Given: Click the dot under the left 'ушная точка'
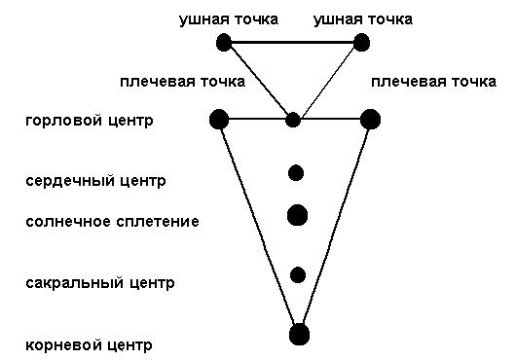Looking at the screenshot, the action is (225, 42).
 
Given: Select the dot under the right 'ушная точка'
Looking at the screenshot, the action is (362, 42).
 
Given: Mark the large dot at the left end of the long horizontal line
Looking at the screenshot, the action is (219, 120).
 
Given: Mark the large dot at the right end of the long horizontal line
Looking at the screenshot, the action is (370, 120).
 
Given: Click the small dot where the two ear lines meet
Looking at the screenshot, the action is (293, 120).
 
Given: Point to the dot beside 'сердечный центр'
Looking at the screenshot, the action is (296, 173).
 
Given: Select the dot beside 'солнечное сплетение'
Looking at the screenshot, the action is (298, 214).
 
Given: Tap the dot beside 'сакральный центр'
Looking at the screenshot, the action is (298, 274).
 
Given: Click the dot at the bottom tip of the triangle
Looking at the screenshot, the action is (300, 336).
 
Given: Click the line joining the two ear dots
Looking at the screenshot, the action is (293, 42).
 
